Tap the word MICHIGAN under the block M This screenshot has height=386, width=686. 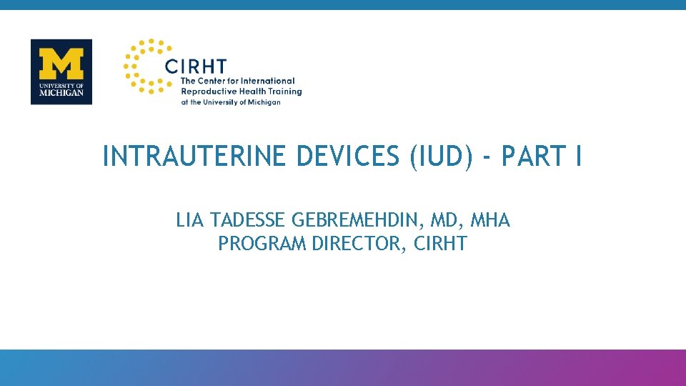pos(61,93)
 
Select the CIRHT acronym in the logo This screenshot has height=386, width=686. pos(195,66)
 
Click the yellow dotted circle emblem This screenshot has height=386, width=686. pos(143,66)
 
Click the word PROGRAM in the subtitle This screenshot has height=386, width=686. pos(263,244)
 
